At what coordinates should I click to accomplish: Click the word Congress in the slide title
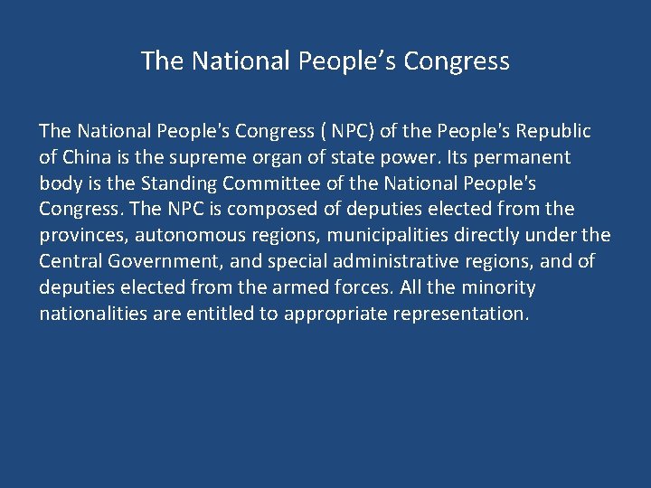click(457, 61)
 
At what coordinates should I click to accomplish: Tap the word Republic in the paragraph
click(551, 131)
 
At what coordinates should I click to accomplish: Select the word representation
click(462, 314)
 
